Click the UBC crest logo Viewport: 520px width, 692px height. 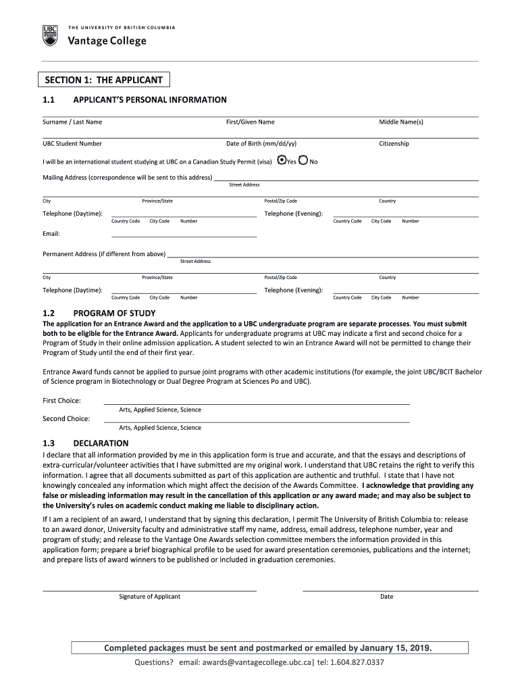pos(50,36)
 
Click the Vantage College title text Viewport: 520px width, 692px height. pos(107,41)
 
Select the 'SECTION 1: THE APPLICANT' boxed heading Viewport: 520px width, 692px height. pos(103,80)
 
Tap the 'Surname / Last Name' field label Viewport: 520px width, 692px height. pos(72,122)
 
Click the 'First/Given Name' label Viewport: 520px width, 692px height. pos(250,122)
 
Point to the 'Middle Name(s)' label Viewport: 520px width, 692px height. pos(401,122)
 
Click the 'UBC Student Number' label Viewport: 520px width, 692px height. pos(72,144)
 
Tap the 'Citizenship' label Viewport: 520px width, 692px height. pos(394,144)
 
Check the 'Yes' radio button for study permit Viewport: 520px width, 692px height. pos(282,161)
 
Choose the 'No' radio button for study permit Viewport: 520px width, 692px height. pos(303,161)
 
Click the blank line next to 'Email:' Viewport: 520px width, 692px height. pos(184,235)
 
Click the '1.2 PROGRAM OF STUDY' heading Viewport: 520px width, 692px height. pos(114,314)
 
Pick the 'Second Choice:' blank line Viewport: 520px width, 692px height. pos(256,420)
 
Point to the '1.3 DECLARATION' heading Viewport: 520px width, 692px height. pos(101,443)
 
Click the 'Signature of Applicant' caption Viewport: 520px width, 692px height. pos(150,597)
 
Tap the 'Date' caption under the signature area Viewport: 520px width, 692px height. pos(386,597)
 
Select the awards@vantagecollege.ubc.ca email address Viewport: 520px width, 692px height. pos(245,662)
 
